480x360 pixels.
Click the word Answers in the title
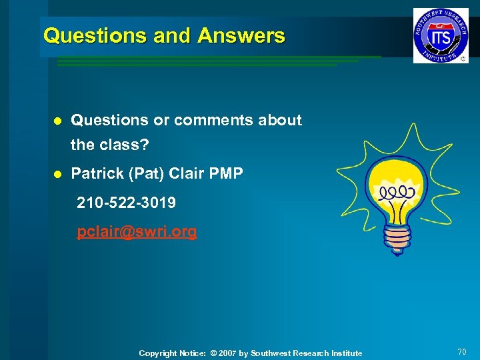[241, 35]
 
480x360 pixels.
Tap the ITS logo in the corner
[441, 35]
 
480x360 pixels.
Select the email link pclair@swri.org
[137, 232]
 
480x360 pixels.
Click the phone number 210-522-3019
[127, 203]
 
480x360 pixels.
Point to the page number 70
[461, 351]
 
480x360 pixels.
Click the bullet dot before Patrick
[58, 175]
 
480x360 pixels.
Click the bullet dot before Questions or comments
[58, 121]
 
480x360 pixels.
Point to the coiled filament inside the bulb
[397, 193]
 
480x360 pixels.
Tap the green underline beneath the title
[213, 61]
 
